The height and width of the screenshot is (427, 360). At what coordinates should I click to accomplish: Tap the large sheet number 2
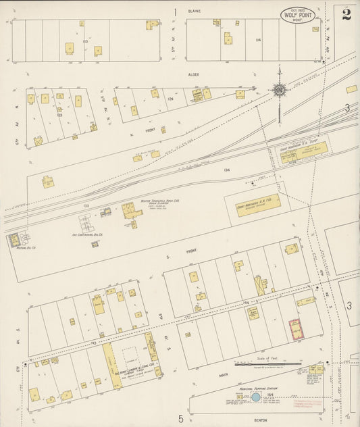346,14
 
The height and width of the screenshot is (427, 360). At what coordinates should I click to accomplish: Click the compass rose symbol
278,90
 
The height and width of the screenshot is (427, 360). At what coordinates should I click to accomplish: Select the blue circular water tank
256,397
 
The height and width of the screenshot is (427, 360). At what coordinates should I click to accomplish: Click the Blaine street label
195,11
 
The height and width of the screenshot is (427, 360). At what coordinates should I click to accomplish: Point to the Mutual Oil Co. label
24,247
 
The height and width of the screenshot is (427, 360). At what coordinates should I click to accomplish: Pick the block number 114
258,40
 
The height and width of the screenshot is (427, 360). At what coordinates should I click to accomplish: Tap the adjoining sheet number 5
181,419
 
